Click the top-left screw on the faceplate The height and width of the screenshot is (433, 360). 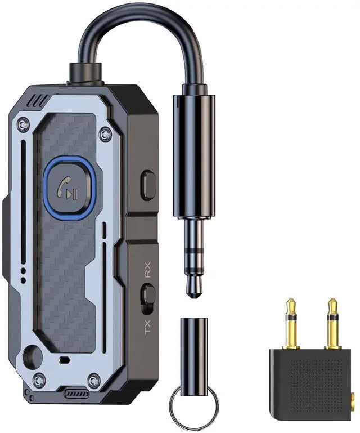tap(23, 124)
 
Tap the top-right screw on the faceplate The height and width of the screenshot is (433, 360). tap(105, 134)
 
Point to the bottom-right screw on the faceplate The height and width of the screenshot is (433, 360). tap(94, 380)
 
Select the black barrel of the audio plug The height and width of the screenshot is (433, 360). tap(193, 155)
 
